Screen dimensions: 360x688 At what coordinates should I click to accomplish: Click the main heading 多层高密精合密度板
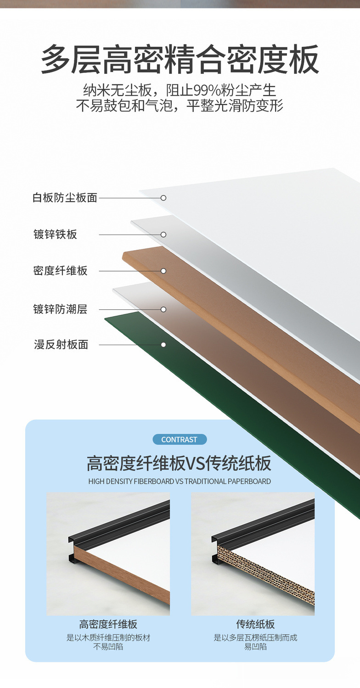point(180,60)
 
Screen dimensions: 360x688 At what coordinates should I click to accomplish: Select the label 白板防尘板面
point(65,198)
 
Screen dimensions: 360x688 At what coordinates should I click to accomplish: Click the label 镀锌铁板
point(55,235)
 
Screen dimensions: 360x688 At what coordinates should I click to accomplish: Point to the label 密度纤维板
point(60,271)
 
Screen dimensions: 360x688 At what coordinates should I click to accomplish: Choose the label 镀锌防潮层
point(60,309)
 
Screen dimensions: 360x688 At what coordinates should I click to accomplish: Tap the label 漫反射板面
point(61,345)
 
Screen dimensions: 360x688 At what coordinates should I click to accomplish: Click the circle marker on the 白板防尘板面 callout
point(163,198)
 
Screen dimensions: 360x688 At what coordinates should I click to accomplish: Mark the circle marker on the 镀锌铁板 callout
point(163,235)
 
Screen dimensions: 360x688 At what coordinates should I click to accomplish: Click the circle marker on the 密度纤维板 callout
point(163,271)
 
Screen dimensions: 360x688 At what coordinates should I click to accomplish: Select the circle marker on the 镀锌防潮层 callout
point(163,309)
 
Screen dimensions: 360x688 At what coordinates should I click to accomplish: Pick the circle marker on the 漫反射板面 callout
point(163,345)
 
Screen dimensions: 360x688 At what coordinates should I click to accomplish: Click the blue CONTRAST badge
point(180,440)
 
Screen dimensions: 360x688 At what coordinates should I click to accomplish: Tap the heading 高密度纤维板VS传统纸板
point(180,464)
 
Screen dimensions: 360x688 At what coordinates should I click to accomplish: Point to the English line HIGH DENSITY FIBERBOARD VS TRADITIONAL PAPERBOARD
point(180,481)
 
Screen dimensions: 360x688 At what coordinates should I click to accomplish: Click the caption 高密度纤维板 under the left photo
point(108,624)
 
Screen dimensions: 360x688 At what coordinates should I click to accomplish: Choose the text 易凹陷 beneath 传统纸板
point(255,647)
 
